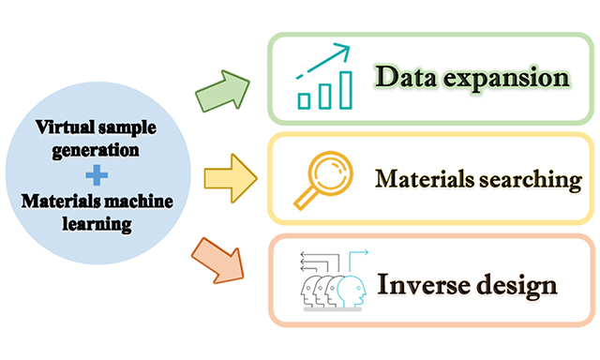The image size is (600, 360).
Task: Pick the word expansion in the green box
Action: pyautogui.click(x=505, y=77)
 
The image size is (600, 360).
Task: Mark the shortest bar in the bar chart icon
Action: pyautogui.click(x=304, y=98)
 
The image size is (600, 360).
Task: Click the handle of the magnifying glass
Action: pyautogui.click(x=305, y=197)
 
